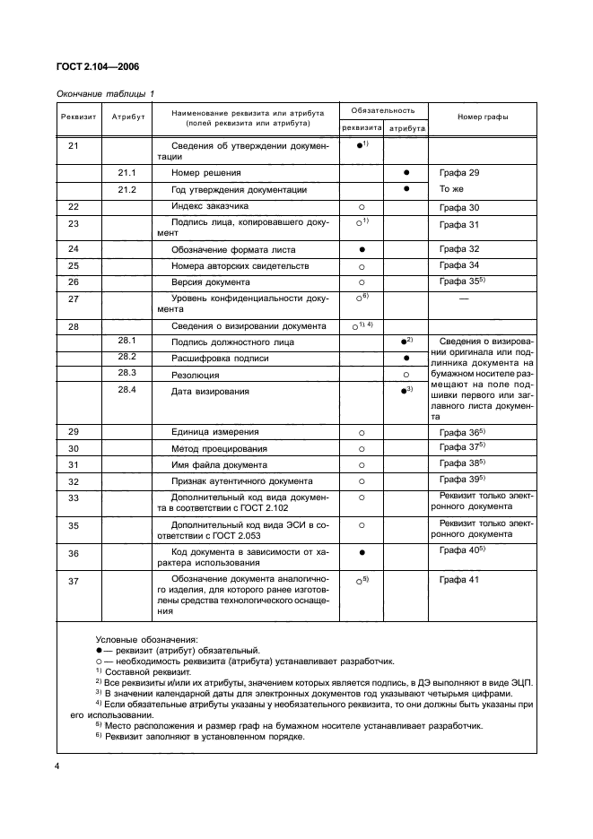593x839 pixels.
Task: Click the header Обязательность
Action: click(x=383, y=110)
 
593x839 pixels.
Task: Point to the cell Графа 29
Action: click(x=461, y=172)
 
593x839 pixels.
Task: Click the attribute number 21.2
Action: click(x=126, y=189)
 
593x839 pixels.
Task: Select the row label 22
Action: click(x=74, y=206)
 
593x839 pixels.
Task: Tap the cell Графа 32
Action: click(x=461, y=248)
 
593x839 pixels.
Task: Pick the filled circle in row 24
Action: click(x=362, y=248)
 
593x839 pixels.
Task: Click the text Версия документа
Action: click(x=212, y=281)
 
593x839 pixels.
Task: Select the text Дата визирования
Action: click(x=212, y=392)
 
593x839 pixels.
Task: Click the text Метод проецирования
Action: click(x=219, y=447)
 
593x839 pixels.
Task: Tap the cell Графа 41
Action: click(x=461, y=581)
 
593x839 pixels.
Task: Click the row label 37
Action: click(x=74, y=581)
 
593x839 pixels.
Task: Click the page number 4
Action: click(x=57, y=765)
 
